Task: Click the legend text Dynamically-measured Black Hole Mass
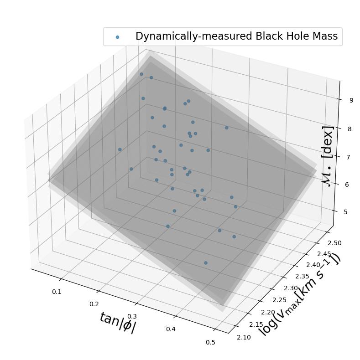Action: [x=236, y=36]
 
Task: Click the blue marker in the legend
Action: [x=118, y=37]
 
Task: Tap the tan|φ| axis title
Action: [x=117, y=323]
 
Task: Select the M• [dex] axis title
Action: [x=328, y=155]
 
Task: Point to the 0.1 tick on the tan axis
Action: [x=57, y=292]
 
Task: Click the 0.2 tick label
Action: [x=94, y=304]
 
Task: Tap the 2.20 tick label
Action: [x=265, y=312]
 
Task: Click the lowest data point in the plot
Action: [x=206, y=263]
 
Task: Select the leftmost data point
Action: [x=120, y=149]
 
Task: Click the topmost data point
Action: [x=141, y=74]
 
